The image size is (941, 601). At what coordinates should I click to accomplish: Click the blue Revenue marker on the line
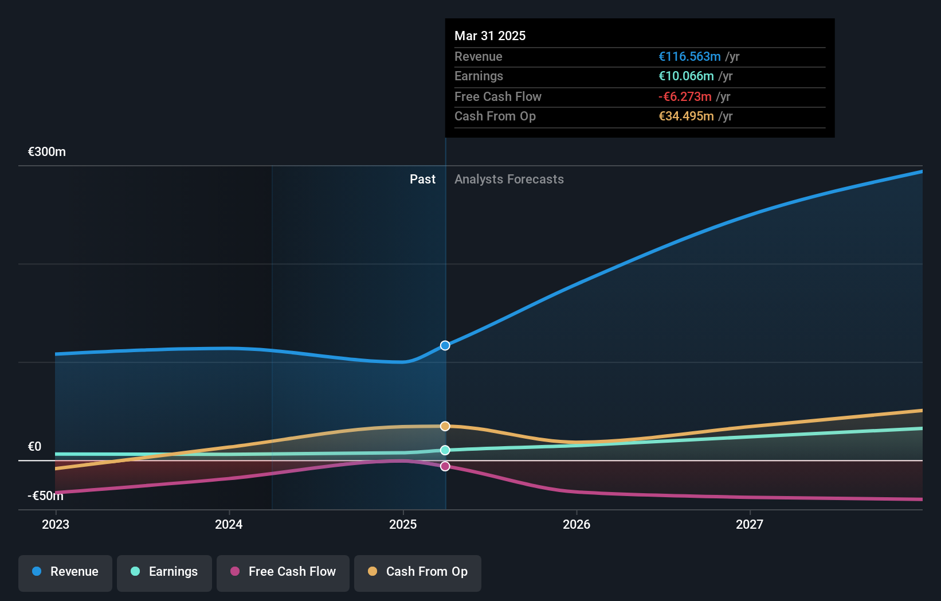445,345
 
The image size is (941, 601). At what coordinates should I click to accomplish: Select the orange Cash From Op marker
445,426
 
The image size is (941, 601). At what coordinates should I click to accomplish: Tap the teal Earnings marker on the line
445,450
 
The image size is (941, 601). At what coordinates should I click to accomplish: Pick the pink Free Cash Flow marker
445,466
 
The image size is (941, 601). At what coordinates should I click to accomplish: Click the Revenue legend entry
65,572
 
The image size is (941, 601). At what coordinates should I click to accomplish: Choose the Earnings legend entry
164,572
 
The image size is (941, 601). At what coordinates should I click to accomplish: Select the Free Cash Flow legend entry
283,572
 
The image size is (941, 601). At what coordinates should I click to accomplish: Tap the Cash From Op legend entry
418,572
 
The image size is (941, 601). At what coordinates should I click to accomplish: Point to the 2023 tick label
56,524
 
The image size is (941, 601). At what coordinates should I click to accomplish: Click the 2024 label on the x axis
229,524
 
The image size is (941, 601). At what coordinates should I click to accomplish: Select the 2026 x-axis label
577,524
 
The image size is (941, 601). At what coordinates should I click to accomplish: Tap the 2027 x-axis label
750,524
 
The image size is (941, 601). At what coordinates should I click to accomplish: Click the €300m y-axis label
47,152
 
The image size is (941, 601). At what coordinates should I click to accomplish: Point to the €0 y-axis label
34,447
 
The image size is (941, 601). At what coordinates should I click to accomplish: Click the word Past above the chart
422,179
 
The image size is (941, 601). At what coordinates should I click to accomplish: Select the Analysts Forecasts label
509,179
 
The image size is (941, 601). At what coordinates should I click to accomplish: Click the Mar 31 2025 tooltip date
490,36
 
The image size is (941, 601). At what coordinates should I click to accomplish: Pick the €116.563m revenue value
689,57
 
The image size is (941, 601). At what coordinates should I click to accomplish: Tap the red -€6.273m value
685,97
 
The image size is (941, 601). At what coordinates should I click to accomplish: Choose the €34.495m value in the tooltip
686,116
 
